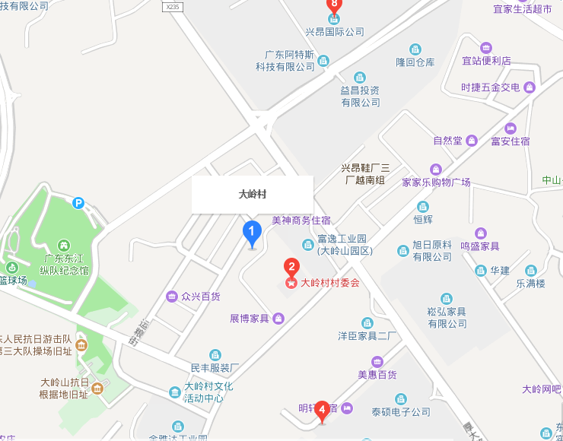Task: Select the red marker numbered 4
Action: [x=322, y=411]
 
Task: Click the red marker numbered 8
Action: [x=333, y=5]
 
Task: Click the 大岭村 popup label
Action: [x=253, y=195]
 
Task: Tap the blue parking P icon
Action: [x=78, y=202]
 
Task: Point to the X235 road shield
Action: [x=173, y=6]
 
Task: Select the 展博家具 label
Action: [x=250, y=318]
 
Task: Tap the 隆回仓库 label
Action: [x=415, y=62]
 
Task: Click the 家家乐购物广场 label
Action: [x=436, y=182]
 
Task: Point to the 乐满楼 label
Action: [x=531, y=284]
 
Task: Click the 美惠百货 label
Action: [x=377, y=374]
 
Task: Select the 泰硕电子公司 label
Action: [x=400, y=412]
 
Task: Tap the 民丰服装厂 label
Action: [x=215, y=367]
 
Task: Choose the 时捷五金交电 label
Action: [x=490, y=87]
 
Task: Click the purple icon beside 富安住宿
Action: [x=511, y=128]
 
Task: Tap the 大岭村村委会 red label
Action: [x=329, y=283]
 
